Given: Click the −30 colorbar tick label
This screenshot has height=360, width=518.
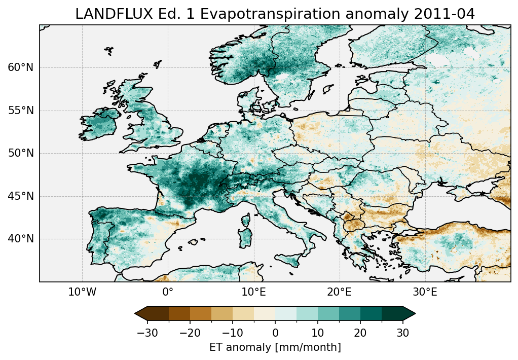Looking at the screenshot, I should [147, 333].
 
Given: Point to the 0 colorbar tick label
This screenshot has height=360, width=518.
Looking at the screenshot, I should [275, 333].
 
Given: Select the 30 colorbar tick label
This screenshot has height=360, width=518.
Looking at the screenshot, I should [403, 333].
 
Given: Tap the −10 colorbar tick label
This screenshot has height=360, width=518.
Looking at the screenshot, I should [232, 333].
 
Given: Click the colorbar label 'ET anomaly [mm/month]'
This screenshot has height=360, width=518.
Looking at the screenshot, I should [275, 347].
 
